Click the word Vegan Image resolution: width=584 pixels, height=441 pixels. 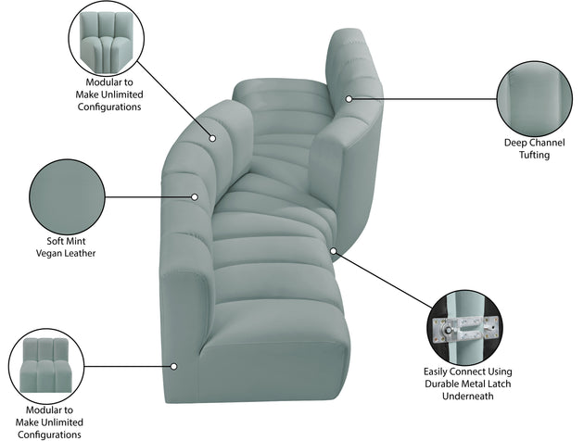pyautogui.click(x=52, y=252)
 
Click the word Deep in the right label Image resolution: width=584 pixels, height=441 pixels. pyautogui.click(x=515, y=143)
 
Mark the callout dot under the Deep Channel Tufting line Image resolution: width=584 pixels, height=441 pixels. pyautogui.click(x=349, y=98)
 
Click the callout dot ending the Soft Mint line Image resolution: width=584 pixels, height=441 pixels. pyautogui.click(x=196, y=196)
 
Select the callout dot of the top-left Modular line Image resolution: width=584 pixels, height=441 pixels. pyautogui.click(x=211, y=139)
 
